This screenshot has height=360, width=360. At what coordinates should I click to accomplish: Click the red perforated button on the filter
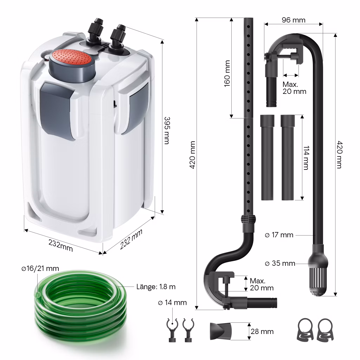pyautogui.click(x=71, y=57)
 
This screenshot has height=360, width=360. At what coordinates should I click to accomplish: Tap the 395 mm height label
pyautogui.click(x=167, y=130)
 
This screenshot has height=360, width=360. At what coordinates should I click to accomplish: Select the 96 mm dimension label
pyautogui.click(x=294, y=20)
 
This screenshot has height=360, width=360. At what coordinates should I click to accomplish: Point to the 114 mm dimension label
pyautogui.click(x=306, y=158)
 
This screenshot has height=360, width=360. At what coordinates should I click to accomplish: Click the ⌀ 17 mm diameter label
pyautogui.click(x=279, y=235)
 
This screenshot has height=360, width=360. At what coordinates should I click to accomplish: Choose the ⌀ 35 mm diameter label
pyautogui.click(x=280, y=263)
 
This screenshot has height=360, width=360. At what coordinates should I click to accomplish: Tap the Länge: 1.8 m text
pyautogui.click(x=156, y=287)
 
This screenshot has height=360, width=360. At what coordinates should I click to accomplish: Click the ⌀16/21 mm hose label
pyautogui.click(x=40, y=268)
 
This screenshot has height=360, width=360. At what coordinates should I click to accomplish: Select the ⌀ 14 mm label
pyautogui.click(x=172, y=303)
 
